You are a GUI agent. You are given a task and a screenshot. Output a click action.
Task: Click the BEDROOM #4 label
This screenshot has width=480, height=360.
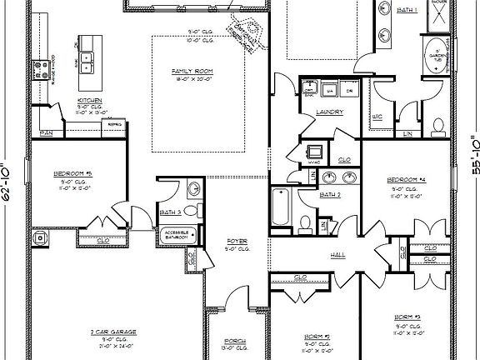[x=407, y=180]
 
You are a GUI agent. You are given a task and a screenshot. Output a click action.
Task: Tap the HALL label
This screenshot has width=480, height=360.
[x=338, y=254]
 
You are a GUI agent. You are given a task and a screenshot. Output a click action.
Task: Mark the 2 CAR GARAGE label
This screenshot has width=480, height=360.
[x=114, y=331]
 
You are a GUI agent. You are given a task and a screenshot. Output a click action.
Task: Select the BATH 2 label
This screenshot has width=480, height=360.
[x=330, y=194]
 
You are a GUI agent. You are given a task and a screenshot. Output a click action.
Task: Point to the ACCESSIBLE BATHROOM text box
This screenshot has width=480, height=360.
[x=177, y=234]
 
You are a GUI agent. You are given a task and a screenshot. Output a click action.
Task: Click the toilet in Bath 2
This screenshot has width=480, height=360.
[x=307, y=223]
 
